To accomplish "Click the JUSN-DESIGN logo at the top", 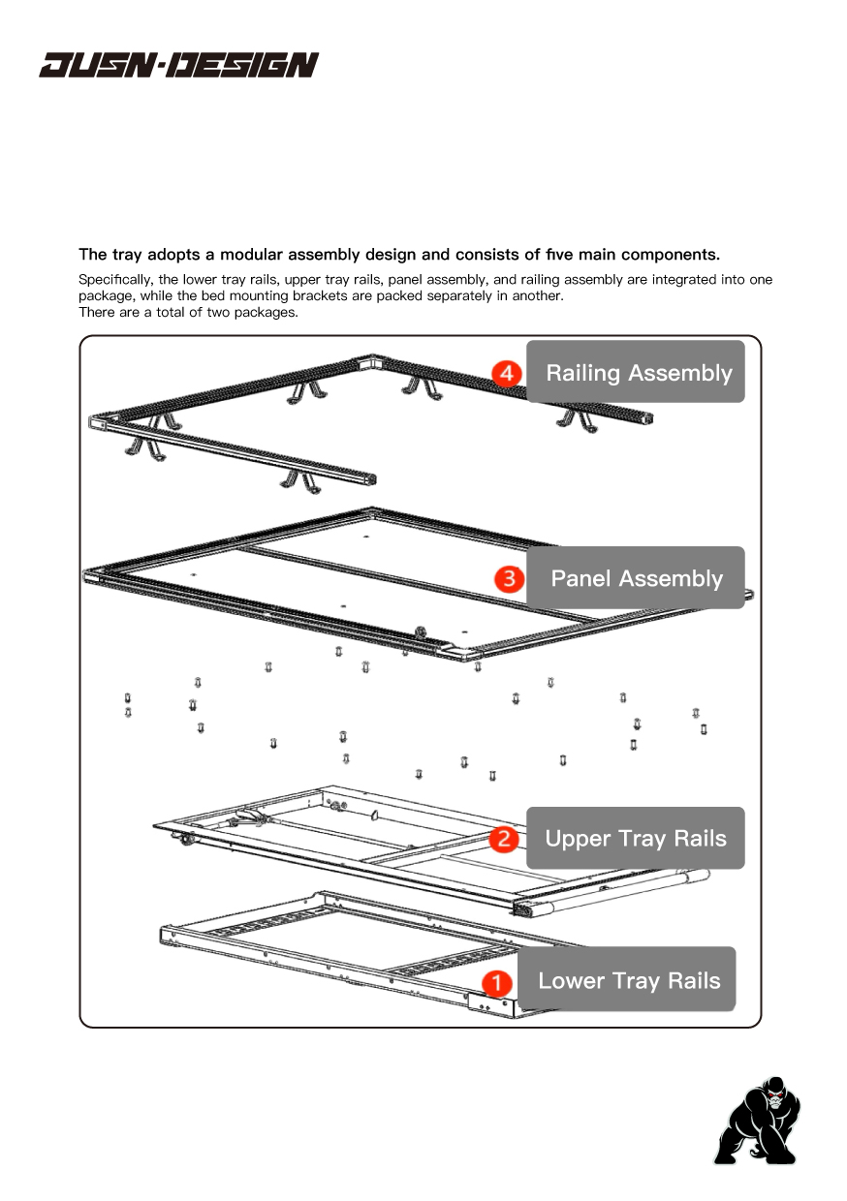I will pyautogui.click(x=178, y=65).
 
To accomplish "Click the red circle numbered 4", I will pyautogui.click(x=507, y=373).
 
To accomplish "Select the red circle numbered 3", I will pyautogui.click(x=508, y=579).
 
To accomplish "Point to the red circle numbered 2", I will pyautogui.click(x=504, y=839).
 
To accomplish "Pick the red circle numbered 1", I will pyautogui.click(x=496, y=982).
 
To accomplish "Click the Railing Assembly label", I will pyautogui.click(x=636, y=372).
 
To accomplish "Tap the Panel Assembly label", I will pyautogui.click(x=636, y=578).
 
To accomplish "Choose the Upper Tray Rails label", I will pyautogui.click(x=636, y=838).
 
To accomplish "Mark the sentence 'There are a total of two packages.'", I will pyautogui.click(x=188, y=312).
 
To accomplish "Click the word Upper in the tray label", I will pyautogui.click(x=578, y=839).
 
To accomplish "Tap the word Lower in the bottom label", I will pyautogui.click(x=570, y=981).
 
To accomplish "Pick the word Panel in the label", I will pyautogui.click(x=580, y=579).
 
